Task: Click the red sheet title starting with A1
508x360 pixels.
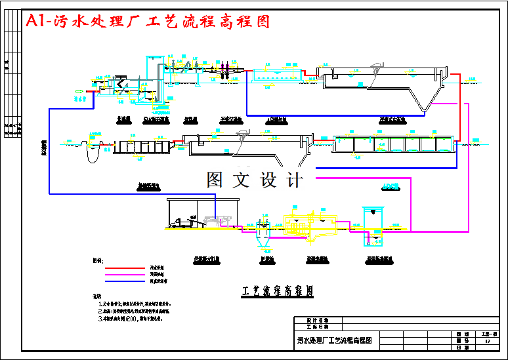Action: [148, 22]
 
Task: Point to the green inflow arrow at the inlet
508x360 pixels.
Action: [79, 91]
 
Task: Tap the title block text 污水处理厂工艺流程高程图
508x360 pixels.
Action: [335, 340]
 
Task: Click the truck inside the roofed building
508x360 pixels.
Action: [186, 224]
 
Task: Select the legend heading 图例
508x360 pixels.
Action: [98, 260]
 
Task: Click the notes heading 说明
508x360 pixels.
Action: [97, 297]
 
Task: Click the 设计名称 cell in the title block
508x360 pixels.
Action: [316, 320]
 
